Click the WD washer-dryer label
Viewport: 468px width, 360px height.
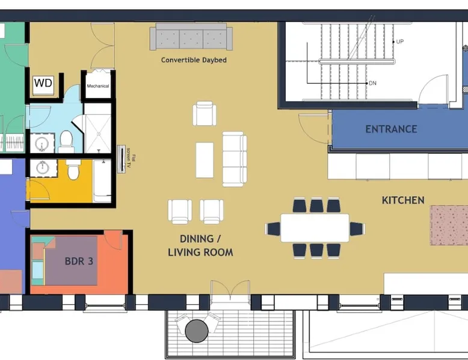pyautogui.click(x=43, y=82)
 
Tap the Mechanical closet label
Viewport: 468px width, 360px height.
pyautogui.click(x=98, y=86)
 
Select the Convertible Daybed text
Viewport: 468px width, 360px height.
pyautogui.click(x=194, y=60)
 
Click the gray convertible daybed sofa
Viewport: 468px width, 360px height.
pyautogui.click(x=191, y=37)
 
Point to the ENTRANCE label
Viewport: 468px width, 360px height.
pyautogui.click(x=391, y=129)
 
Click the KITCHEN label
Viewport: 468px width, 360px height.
pyautogui.click(x=403, y=200)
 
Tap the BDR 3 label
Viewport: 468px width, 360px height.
pyautogui.click(x=79, y=261)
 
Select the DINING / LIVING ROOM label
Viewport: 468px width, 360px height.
pyautogui.click(x=200, y=245)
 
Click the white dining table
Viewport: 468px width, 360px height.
pyautogui.click(x=315, y=228)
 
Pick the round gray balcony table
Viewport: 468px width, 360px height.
pyautogui.click(x=197, y=331)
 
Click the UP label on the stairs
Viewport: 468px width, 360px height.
pyautogui.click(x=400, y=41)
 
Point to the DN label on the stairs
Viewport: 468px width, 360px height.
pyautogui.click(x=372, y=83)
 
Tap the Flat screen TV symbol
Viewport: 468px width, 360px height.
pyautogui.click(x=122, y=159)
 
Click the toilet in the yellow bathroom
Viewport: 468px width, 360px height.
pyautogui.click(x=73, y=169)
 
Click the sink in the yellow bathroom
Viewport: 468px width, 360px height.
pyautogui.click(x=43, y=168)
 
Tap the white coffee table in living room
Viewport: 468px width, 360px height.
pyautogui.click(x=205, y=160)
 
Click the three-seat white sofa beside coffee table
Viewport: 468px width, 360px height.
pyautogui.click(x=235, y=159)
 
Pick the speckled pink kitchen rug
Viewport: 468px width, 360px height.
pyautogui.click(x=449, y=225)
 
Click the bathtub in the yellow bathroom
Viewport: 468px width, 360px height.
pyautogui.click(x=102, y=181)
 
